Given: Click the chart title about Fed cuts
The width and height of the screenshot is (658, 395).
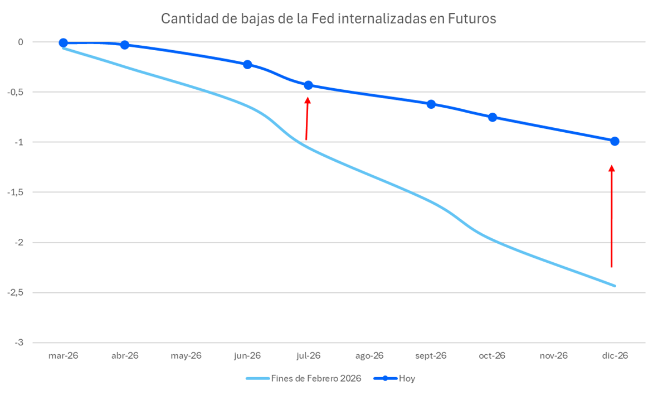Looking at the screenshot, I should [328, 19].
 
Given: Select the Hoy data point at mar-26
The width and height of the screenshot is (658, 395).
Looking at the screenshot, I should [63, 43].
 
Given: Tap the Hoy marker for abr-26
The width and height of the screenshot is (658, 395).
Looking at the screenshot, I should [125, 45].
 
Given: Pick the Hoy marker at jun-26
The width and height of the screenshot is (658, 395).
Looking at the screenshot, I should [247, 65].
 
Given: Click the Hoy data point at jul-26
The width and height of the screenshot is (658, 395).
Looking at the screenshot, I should [308, 85].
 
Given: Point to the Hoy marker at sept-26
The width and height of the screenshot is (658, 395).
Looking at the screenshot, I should [431, 104].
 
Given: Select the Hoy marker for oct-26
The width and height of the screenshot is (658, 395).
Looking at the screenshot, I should [493, 117].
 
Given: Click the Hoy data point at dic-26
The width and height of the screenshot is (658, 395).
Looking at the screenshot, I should [615, 141].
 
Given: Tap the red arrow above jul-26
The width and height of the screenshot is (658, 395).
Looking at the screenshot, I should [307, 118].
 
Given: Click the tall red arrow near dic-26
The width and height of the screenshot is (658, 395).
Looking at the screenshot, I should [611, 216].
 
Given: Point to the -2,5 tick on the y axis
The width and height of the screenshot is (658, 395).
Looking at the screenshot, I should [16, 292].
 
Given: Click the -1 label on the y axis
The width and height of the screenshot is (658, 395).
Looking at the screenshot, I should [19, 142].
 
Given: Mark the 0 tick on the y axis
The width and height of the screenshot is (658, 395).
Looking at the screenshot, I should [21, 42].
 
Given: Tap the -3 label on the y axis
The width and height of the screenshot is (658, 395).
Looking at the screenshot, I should [19, 343].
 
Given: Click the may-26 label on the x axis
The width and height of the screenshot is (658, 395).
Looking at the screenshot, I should [186, 355].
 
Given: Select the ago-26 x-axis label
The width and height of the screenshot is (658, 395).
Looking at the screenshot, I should [369, 355].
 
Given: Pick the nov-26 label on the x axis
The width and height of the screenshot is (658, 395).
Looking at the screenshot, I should [553, 355].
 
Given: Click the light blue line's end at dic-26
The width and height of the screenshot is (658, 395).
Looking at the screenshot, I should [615, 286].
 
